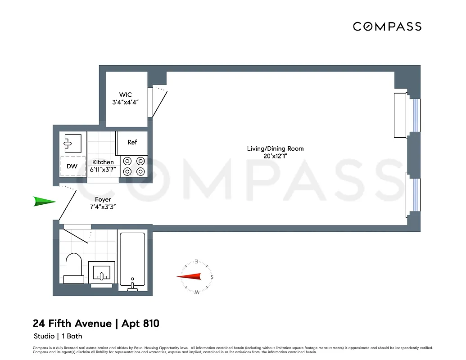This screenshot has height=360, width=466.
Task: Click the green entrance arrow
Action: (44, 202)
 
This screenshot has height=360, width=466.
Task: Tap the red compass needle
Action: (193, 277)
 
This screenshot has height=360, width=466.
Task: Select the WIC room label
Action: (125, 95)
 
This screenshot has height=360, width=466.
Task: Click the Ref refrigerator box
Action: (132, 143)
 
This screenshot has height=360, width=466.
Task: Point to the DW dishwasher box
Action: (72, 166)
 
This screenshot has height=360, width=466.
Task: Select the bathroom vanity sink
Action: (102, 274)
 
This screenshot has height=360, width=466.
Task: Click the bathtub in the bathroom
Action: (132, 260)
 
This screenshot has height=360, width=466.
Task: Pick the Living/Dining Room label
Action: (275, 148)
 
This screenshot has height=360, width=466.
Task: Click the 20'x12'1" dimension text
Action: (275, 156)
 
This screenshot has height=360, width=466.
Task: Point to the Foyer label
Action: (103, 199)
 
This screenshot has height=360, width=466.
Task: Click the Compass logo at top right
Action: (387, 27)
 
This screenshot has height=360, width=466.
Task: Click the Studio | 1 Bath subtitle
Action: (58, 336)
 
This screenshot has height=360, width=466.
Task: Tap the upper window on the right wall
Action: (416, 115)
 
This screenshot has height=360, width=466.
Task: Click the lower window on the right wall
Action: (416, 194)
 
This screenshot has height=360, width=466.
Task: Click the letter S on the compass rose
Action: (212, 277)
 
